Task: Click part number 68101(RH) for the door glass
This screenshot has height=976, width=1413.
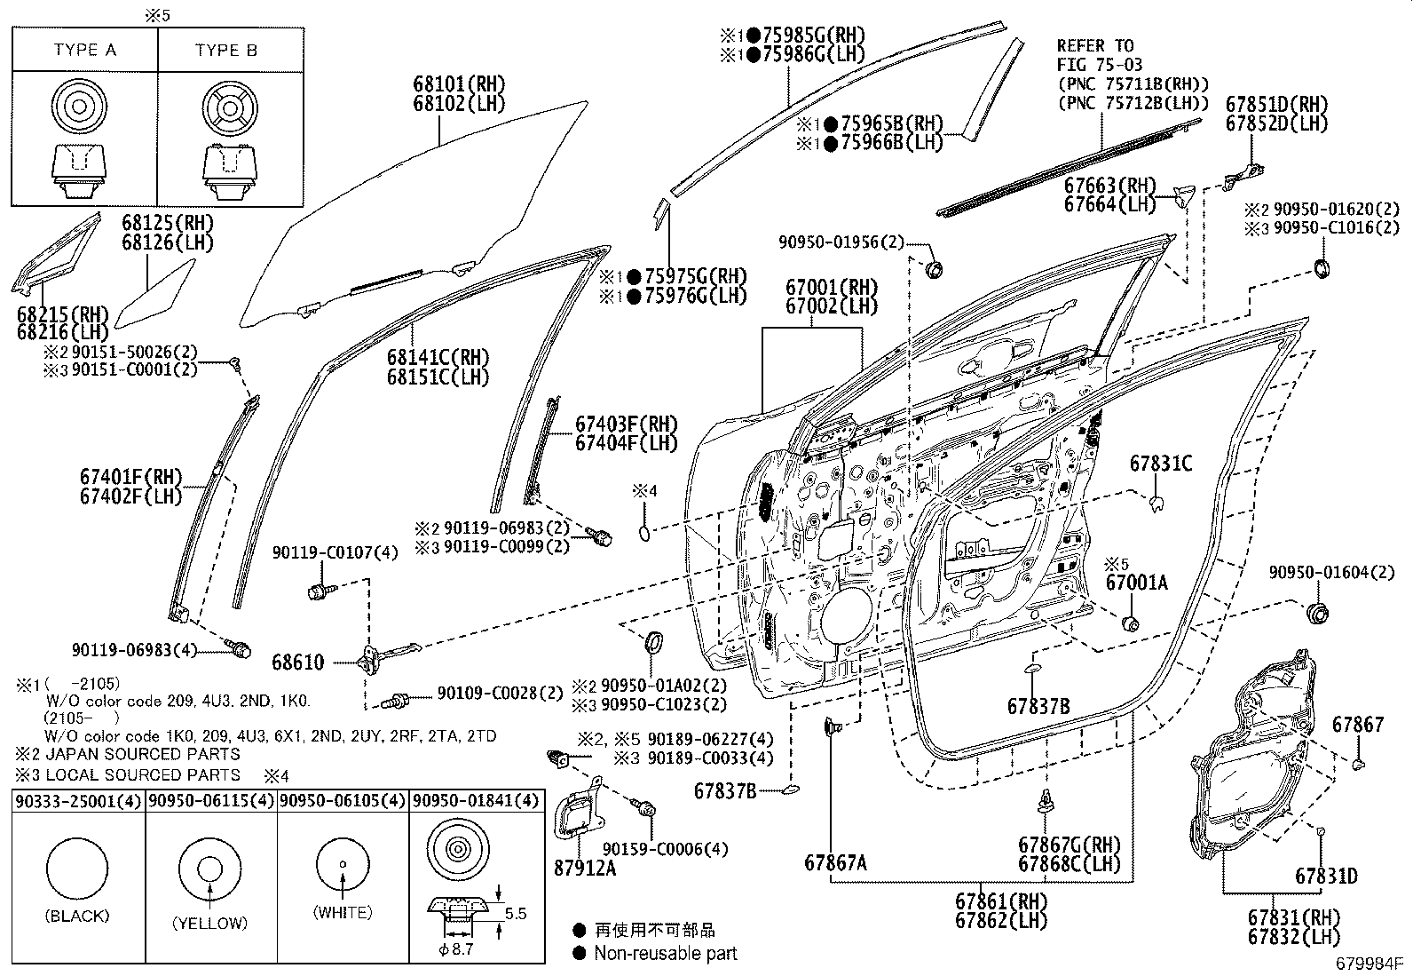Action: pyautogui.click(x=458, y=84)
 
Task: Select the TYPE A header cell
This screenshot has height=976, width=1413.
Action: pyautogui.click(x=85, y=50)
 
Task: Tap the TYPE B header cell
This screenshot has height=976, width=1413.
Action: pyautogui.click(x=226, y=50)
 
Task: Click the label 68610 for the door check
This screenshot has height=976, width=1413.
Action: pyautogui.click(x=298, y=663)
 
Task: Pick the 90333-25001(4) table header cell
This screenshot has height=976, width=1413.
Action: pyautogui.click(x=78, y=801)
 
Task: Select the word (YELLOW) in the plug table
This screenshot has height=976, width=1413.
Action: pyautogui.click(x=210, y=923)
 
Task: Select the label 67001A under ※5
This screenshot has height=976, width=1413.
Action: pyautogui.click(x=1136, y=583)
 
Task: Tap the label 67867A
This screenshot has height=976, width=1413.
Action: pyautogui.click(x=836, y=862)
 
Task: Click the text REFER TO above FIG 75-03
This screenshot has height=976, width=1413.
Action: pyautogui.click(x=1094, y=45)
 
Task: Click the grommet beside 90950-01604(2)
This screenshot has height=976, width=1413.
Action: pyautogui.click(x=1318, y=612)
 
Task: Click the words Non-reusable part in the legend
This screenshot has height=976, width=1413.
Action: pyautogui.click(x=666, y=954)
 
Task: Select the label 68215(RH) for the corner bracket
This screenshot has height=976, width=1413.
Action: pyautogui.click(x=62, y=313)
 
